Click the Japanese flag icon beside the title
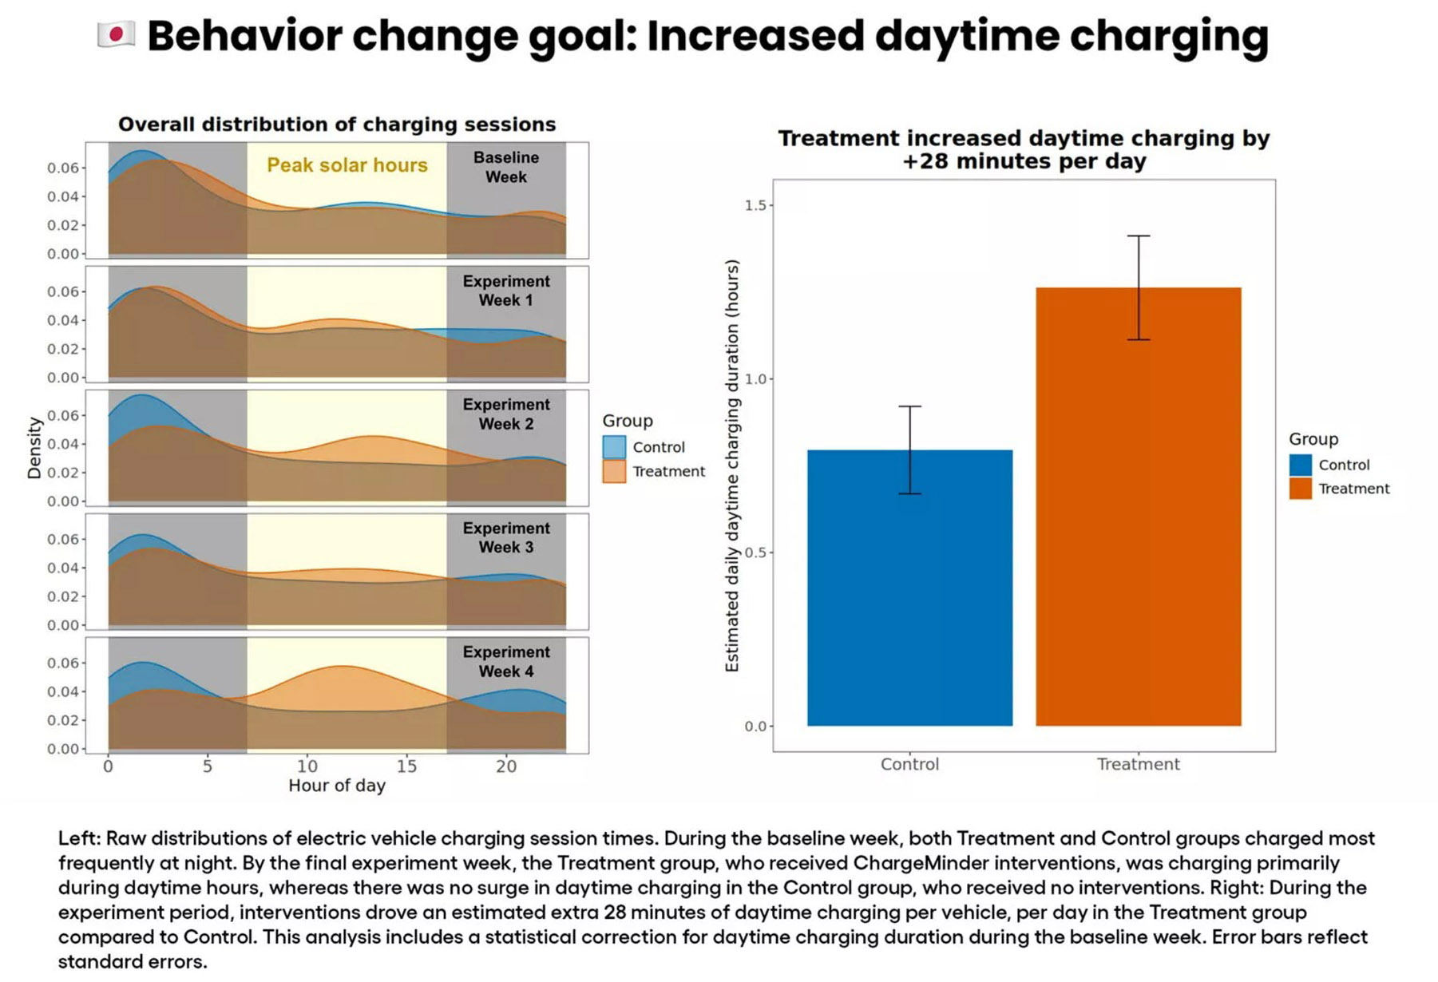click(x=116, y=34)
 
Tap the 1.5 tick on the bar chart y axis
click(x=755, y=205)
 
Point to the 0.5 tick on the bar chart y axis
click(x=755, y=552)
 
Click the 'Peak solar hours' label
click(x=347, y=165)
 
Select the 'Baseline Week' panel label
click(x=505, y=168)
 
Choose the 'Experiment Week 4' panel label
click(x=505, y=662)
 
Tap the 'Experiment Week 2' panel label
click(x=505, y=414)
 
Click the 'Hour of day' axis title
click(x=336, y=786)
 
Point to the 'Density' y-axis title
click(x=34, y=448)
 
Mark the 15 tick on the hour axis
click(x=406, y=766)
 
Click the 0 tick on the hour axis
click(x=109, y=766)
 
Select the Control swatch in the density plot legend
click(x=614, y=447)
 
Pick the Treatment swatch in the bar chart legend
click(x=1300, y=489)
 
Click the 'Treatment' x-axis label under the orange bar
click(x=1138, y=764)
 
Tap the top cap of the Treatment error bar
click(x=1139, y=236)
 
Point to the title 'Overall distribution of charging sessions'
click(x=336, y=125)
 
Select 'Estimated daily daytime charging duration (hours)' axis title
click(x=731, y=465)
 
